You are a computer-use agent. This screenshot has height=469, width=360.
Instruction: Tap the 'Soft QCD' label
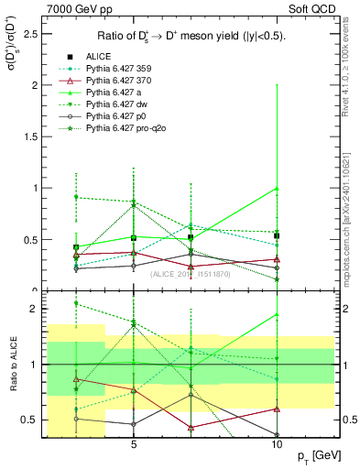pyautogui.click(x=312, y=10)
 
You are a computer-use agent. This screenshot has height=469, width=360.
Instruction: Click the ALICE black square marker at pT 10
pyautogui.click(x=277, y=235)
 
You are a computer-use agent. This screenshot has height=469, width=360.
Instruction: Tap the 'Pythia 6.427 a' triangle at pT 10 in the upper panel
pyautogui.click(x=277, y=189)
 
